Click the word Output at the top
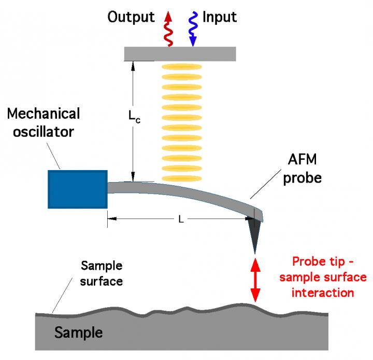point(131,17)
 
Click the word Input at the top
point(220,17)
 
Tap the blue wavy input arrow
point(193,29)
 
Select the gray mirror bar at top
point(180,53)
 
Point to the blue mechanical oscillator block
point(77,189)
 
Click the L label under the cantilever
point(181,219)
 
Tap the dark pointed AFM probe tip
point(255,233)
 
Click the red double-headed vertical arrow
point(255,280)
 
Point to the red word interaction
point(323,293)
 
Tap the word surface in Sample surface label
point(102,282)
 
